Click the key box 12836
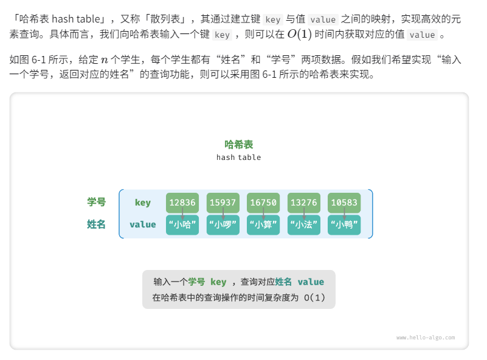[x=182, y=202]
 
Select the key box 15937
[x=223, y=202]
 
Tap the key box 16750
[x=263, y=202]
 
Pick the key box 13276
[x=303, y=202]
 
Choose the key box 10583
[x=344, y=202]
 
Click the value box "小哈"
[x=182, y=225]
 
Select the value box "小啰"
[x=223, y=225]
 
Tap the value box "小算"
[x=263, y=225]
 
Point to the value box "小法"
[x=303, y=225]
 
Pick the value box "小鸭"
[x=344, y=225]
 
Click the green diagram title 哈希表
[x=239, y=145]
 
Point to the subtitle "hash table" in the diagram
[x=239, y=157]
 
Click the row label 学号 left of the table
[x=96, y=202]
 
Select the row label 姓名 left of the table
[x=96, y=224]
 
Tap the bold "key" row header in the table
[x=143, y=202]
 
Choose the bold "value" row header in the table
[x=143, y=224]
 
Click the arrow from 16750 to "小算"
[x=263, y=213]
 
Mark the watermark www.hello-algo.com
[x=426, y=337]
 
